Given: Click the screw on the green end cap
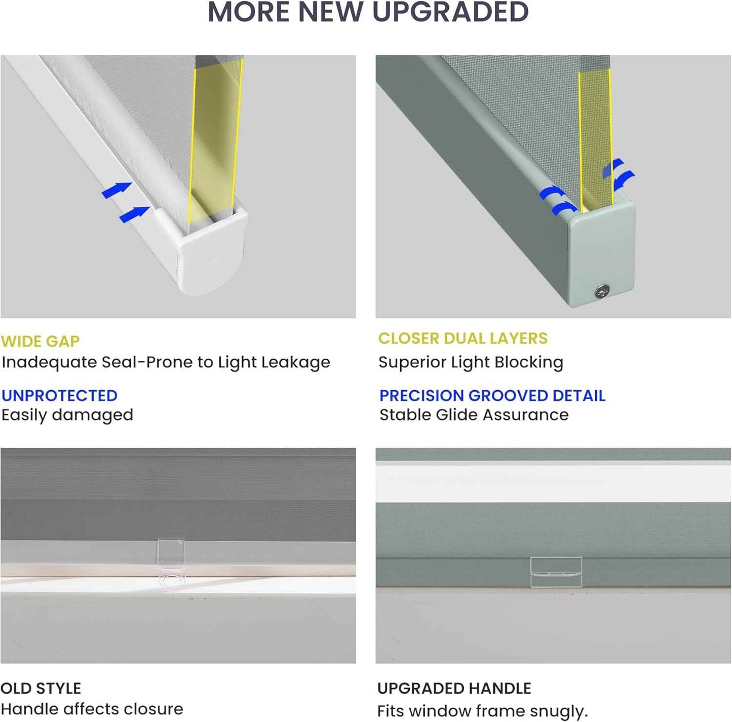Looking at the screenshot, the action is (x=602, y=291).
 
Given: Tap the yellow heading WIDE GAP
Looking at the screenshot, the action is (x=40, y=341).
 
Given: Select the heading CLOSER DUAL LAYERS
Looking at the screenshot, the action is (x=463, y=338).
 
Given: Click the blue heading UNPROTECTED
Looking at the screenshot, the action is (x=60, y=396).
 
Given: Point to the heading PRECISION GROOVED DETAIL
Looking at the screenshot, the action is (x=492, y=396).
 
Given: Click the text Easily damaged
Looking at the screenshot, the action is (x=67, y=415).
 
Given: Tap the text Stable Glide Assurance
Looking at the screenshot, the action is (x=474, y=414).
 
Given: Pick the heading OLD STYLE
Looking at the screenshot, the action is (x=41, y=689).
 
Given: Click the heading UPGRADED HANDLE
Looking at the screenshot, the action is (x=454, y=689).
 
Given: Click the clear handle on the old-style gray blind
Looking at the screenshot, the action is (x=171, y=565).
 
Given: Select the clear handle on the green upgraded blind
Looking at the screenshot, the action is (x=556, y=572).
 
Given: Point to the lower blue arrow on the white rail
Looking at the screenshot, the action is (x=134, y=214).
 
